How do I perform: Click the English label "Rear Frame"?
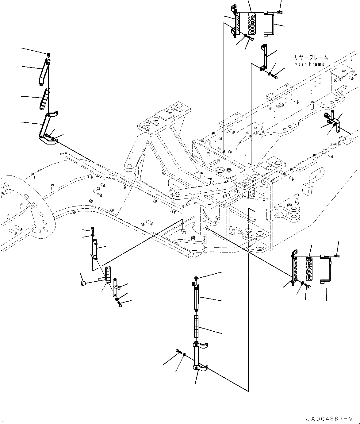[x=309, y=64]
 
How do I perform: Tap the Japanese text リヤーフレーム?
[x=311, y=57]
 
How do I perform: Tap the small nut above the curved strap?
[x=48, y=55]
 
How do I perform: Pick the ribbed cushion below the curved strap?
[x=44, y=98]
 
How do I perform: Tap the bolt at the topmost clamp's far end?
[x=280, y=12]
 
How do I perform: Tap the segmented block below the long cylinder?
[x=197, y=327]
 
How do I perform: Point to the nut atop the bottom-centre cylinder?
[x=196, y=278]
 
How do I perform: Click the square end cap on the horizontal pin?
[x=83, y=283]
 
